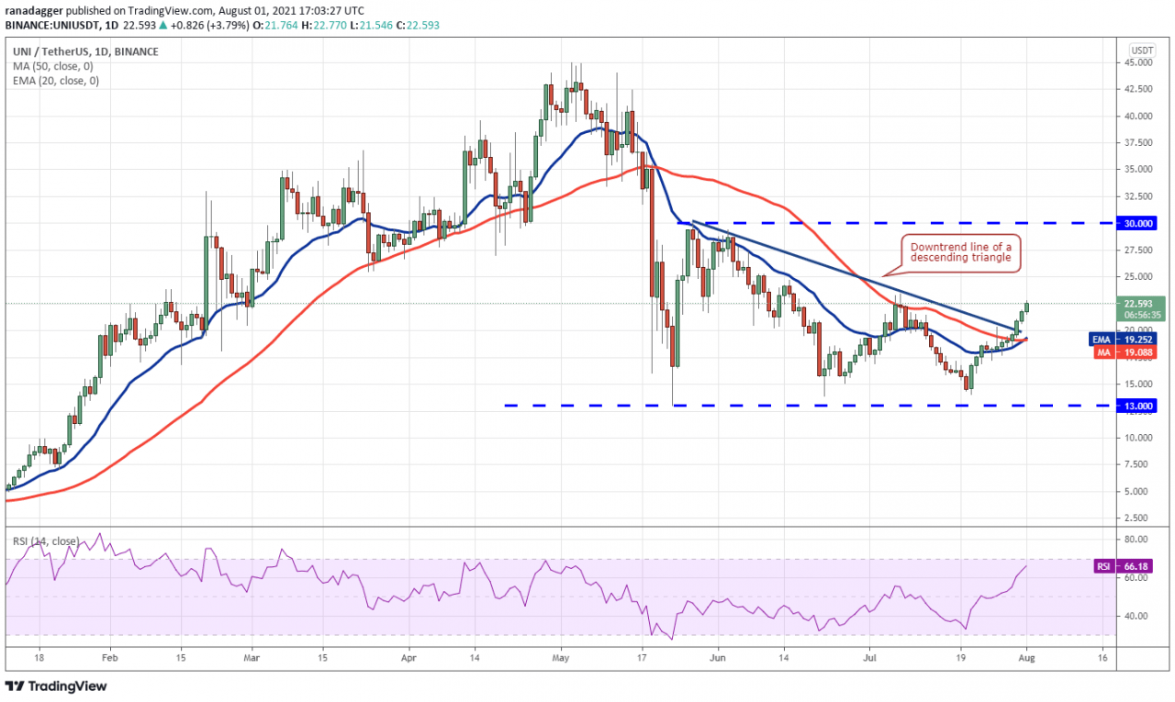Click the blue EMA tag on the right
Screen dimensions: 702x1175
1102,339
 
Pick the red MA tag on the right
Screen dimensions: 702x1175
1102,352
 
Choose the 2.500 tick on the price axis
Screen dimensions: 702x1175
1140,518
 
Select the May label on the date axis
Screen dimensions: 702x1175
562,658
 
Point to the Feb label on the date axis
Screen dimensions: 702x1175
108,658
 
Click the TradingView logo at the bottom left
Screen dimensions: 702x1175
57,685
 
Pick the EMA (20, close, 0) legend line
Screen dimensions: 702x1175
57,81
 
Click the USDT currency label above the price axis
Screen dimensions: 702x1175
1142,50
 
